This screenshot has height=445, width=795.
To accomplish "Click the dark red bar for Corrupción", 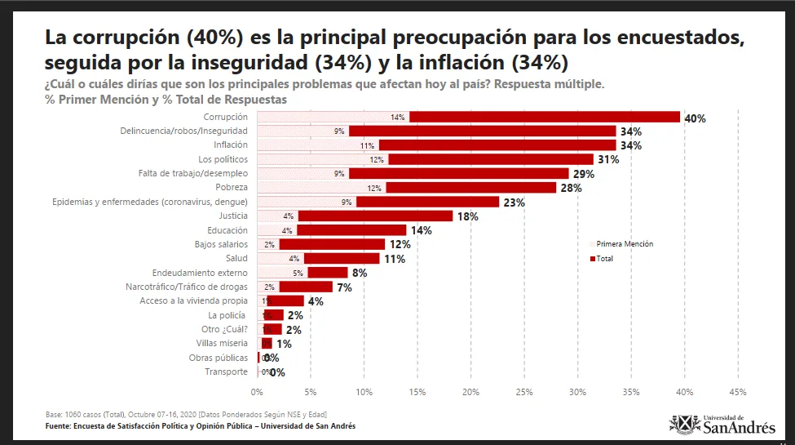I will point(544,117).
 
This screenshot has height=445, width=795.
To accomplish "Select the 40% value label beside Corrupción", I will point(695,118).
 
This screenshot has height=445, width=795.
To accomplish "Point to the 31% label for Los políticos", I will point(608,159).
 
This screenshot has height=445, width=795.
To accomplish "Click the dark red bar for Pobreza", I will point(470,188).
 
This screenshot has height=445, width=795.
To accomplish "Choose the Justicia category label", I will point(232,216).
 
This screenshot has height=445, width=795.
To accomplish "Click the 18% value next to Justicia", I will point(467,216).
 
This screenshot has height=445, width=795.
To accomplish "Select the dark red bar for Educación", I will point(351,230).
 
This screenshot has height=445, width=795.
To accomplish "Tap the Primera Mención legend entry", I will point(624,243).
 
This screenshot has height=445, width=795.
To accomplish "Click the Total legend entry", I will point(603,258).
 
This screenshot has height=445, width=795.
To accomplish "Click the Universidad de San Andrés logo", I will point(721,423).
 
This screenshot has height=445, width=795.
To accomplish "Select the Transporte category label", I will point(226,372).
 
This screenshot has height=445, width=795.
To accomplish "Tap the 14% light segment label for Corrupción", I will point(398,118).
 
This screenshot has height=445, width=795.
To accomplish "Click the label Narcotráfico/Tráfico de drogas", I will point(186,287).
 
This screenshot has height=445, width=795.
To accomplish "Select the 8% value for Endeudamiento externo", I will point(360,273).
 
